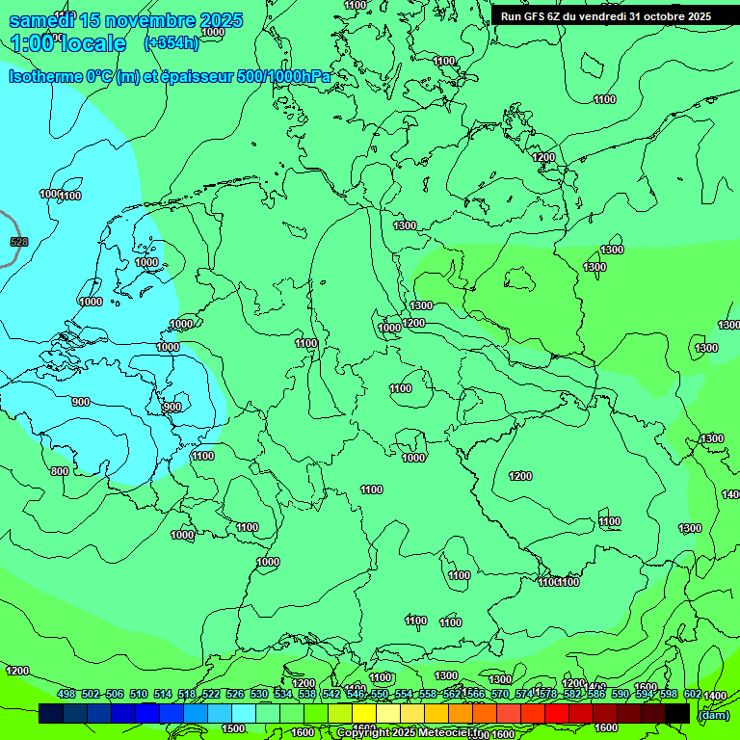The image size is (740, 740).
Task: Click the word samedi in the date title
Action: pos(40,20)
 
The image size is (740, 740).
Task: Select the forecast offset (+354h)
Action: pos(172,42)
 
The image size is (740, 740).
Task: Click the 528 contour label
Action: pos(18,241)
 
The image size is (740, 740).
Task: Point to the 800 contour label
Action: pos(60,471)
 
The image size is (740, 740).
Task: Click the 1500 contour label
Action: pos(233,728)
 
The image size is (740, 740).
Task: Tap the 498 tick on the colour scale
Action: pos(66,694)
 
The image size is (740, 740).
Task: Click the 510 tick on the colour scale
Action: pos(139,694)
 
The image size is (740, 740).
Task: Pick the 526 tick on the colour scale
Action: pos(235,694)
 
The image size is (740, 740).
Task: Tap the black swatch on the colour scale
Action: pos(677,713)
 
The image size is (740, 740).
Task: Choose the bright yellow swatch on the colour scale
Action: pos(364,713)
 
